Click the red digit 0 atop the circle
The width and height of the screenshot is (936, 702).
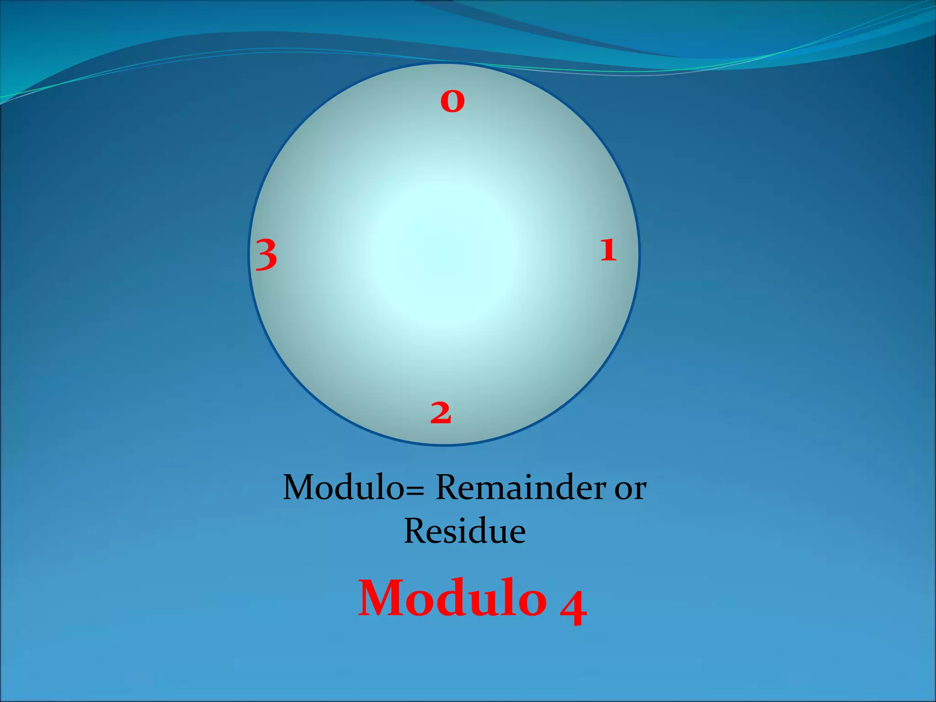[452, 101]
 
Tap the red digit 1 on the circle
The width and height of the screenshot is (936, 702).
[608, 250]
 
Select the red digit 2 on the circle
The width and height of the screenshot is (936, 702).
[441, 413]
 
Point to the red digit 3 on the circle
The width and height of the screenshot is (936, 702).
[266, 255]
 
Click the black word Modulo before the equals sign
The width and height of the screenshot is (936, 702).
[343, 488]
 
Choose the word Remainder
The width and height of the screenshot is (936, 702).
[521, 488]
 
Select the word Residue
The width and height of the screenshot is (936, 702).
[465, 531]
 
